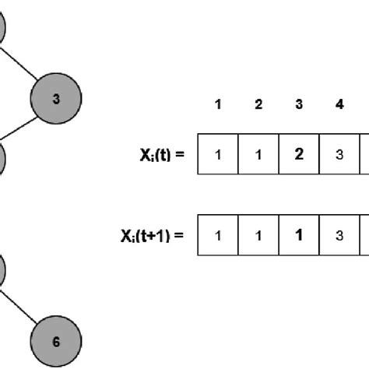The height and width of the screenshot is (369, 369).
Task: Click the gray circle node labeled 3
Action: tap(55, 98)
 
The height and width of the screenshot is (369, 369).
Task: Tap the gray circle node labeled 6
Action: tap(55, 341)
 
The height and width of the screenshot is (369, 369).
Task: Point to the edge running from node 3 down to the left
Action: tap(21, 129)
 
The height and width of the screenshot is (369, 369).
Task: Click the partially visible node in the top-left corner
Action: tap(3, 28)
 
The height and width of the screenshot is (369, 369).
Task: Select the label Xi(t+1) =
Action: tap(152, 234)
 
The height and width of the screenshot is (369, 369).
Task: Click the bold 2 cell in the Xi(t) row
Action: tap(299, 154)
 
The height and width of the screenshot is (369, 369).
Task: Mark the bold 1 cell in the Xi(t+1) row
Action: tap(299, 234)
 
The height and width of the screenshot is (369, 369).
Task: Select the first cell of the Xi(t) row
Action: tap(219, 154)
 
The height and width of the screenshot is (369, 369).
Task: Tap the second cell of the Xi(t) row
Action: tap(258, 154)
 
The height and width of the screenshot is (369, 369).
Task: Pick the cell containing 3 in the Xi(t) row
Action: tap(339, 154)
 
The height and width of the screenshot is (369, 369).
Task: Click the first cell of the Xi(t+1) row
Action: tap(219, 234)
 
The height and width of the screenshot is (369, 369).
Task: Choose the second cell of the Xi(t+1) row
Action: tap(258, 234)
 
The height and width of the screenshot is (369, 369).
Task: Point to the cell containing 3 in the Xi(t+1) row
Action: tap(339, 234)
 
